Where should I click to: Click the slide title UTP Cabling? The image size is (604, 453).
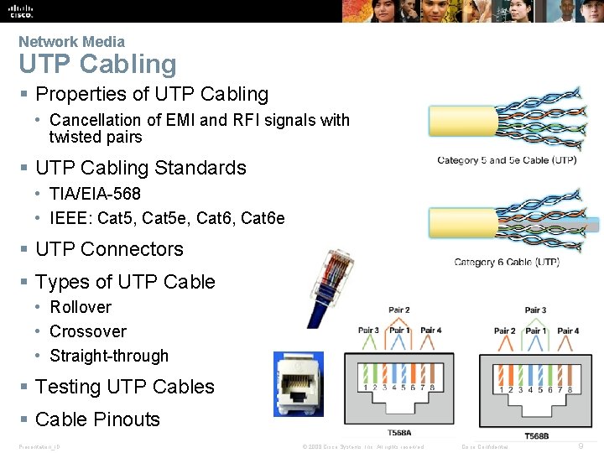point(97,65)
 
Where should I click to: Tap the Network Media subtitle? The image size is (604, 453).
point(71,41)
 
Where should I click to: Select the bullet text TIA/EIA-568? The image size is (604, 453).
point(95,194)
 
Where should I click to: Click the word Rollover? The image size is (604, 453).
point(81,307)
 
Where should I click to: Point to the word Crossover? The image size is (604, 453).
point(88,331)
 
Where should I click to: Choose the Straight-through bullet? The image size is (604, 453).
point(109,356)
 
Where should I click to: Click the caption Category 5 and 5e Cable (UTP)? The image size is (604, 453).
point(507,160)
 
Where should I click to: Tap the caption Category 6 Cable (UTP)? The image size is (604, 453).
point(507,263)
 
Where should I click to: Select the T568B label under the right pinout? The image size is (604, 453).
point(537,436)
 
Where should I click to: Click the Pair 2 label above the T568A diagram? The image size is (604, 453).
point(399,310)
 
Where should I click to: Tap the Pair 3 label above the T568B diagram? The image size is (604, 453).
point(535,310)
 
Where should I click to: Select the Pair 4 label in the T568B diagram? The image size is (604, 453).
point(568,331)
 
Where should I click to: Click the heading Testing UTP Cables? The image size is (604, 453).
point(125,387)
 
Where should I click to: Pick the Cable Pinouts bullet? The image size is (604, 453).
point(97,419)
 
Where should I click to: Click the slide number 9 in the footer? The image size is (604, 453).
point(581,445)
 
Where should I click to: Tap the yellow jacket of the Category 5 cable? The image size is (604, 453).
point(457,120)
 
